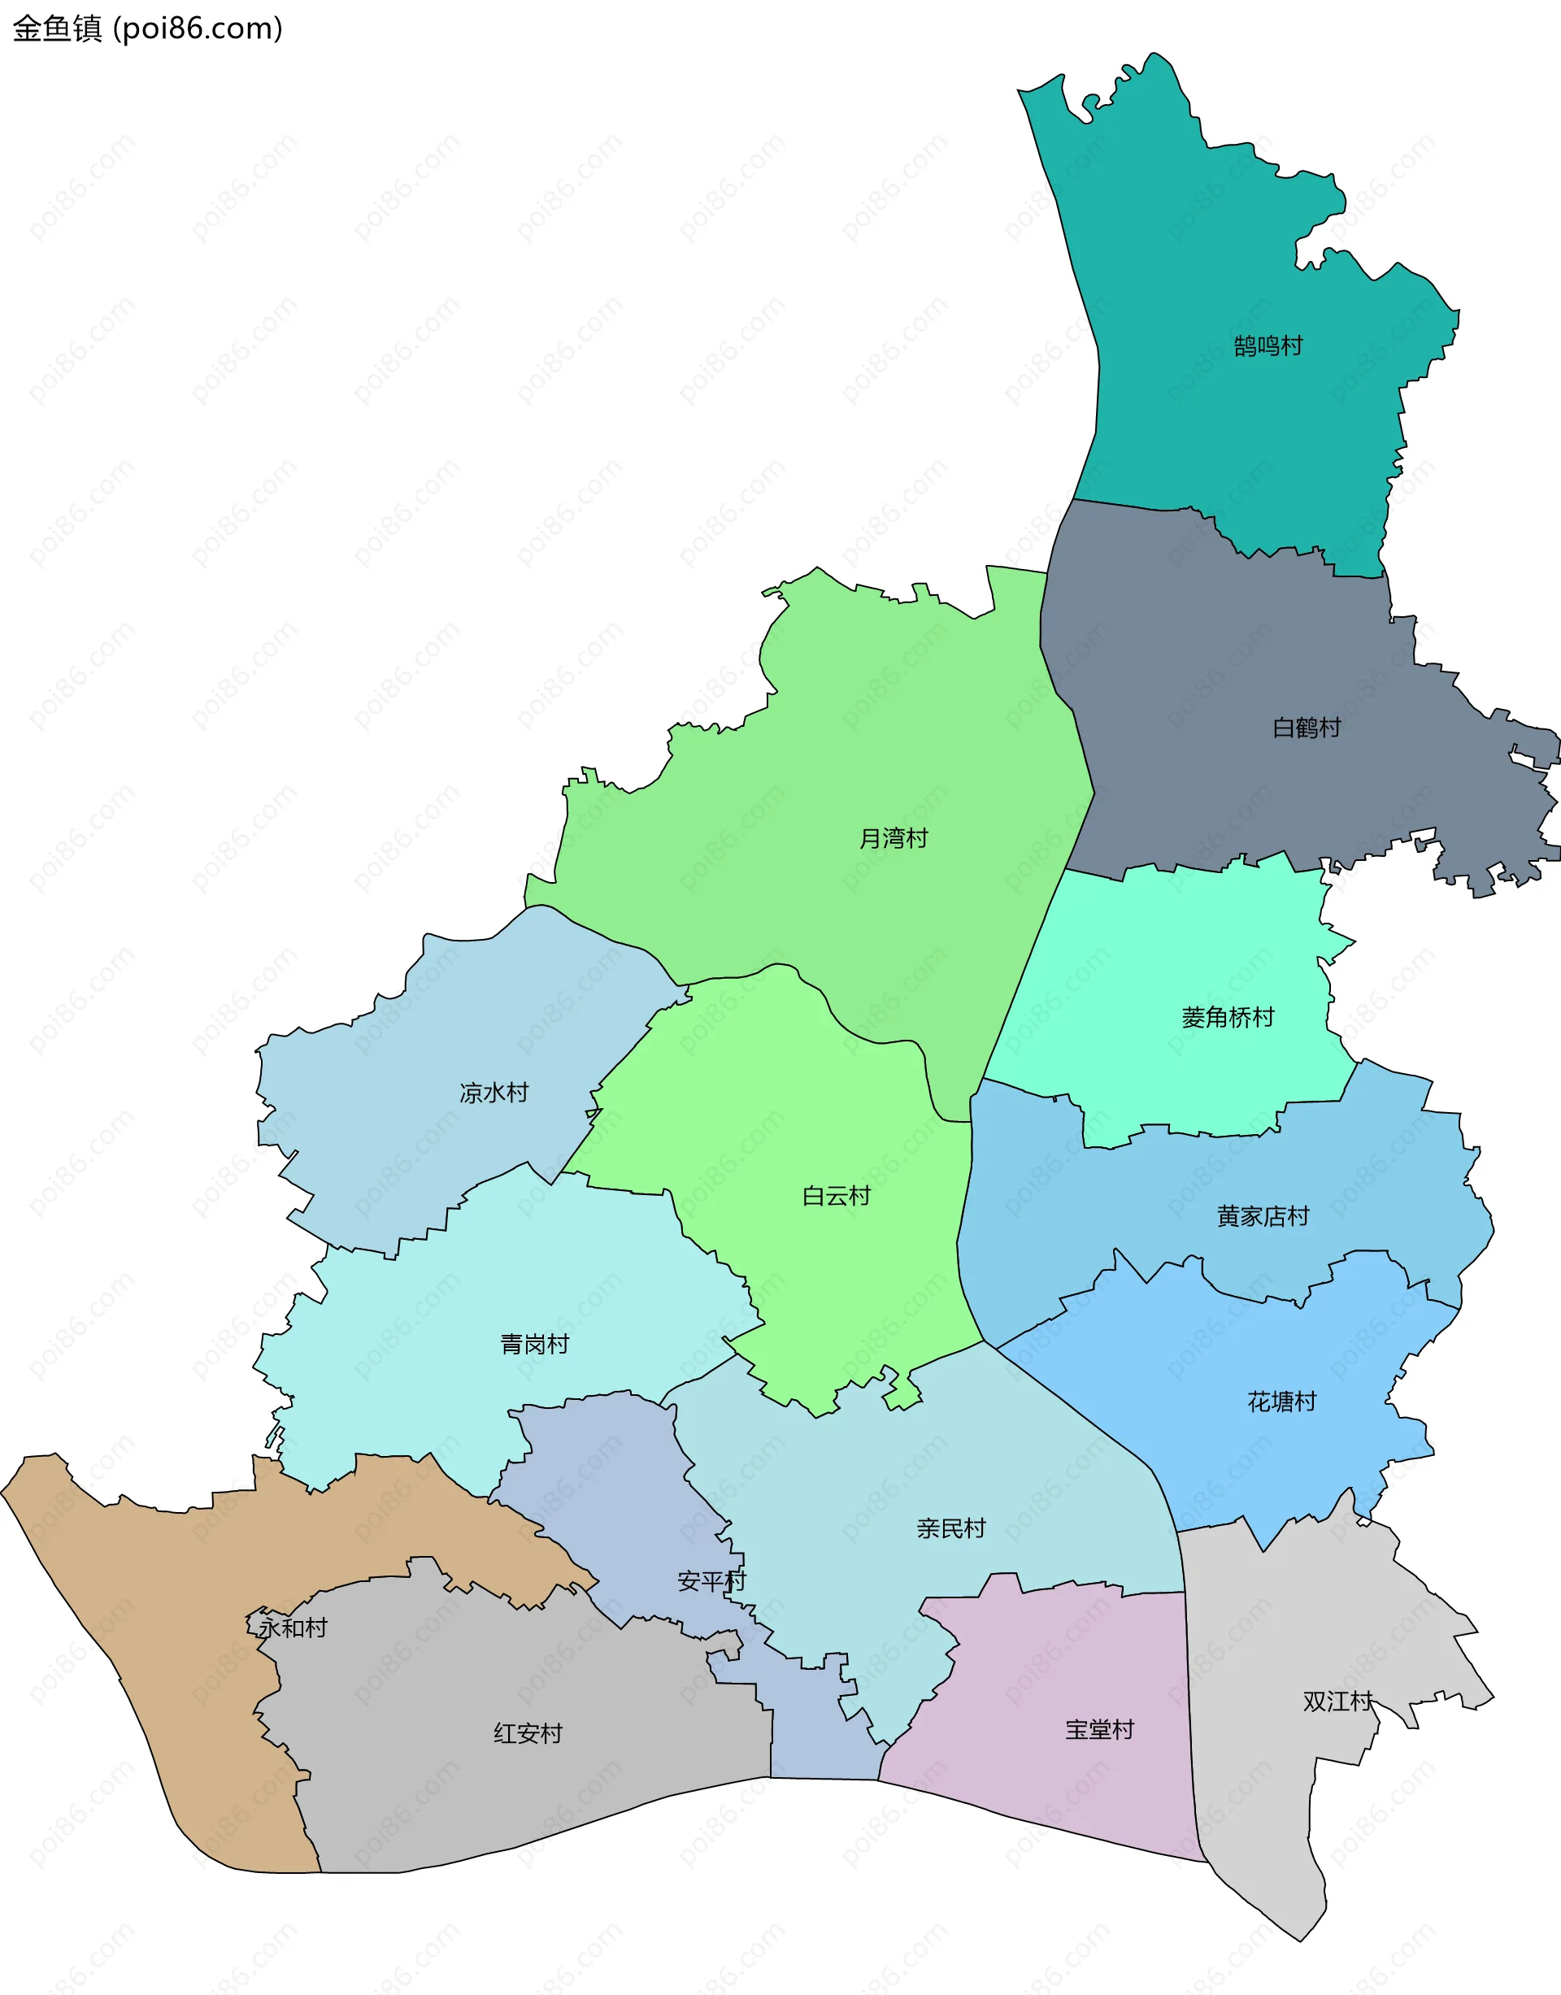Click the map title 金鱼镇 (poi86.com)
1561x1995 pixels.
(147, 28)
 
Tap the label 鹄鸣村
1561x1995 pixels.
(1267, 346)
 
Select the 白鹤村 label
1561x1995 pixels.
(1307, 728)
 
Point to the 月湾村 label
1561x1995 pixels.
(893, 838)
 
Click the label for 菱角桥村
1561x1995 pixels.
(1228, 1017)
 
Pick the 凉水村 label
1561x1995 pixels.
(494, 1093)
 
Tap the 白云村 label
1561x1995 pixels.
(837, 1197)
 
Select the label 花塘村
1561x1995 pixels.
(1281, 1402)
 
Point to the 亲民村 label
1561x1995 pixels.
(950, 1529)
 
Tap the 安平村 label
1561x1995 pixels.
(711, 1582)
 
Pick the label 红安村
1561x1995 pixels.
(528, 1733)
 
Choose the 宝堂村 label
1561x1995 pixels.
(1098, 1730)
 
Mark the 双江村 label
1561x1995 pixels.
(1337, 1702)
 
